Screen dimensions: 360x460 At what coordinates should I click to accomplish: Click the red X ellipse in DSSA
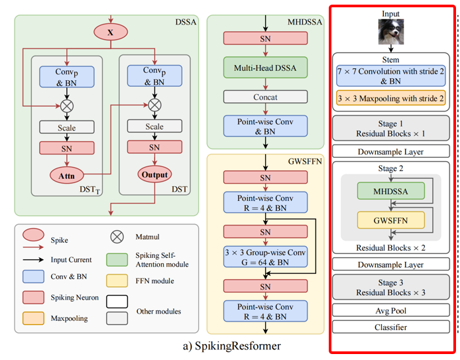tap(111, 30)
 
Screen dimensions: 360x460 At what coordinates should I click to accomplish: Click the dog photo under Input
tap(391, 32)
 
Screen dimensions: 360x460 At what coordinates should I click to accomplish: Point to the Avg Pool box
tap(390, 310)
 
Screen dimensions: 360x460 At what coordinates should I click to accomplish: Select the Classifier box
tap(390, 326)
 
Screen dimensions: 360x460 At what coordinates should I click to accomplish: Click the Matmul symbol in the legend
tap(118, 235)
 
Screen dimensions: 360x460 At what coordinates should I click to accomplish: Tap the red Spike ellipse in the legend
tap(34, 235)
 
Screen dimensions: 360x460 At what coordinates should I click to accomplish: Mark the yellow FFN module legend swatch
tap(119, 281)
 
